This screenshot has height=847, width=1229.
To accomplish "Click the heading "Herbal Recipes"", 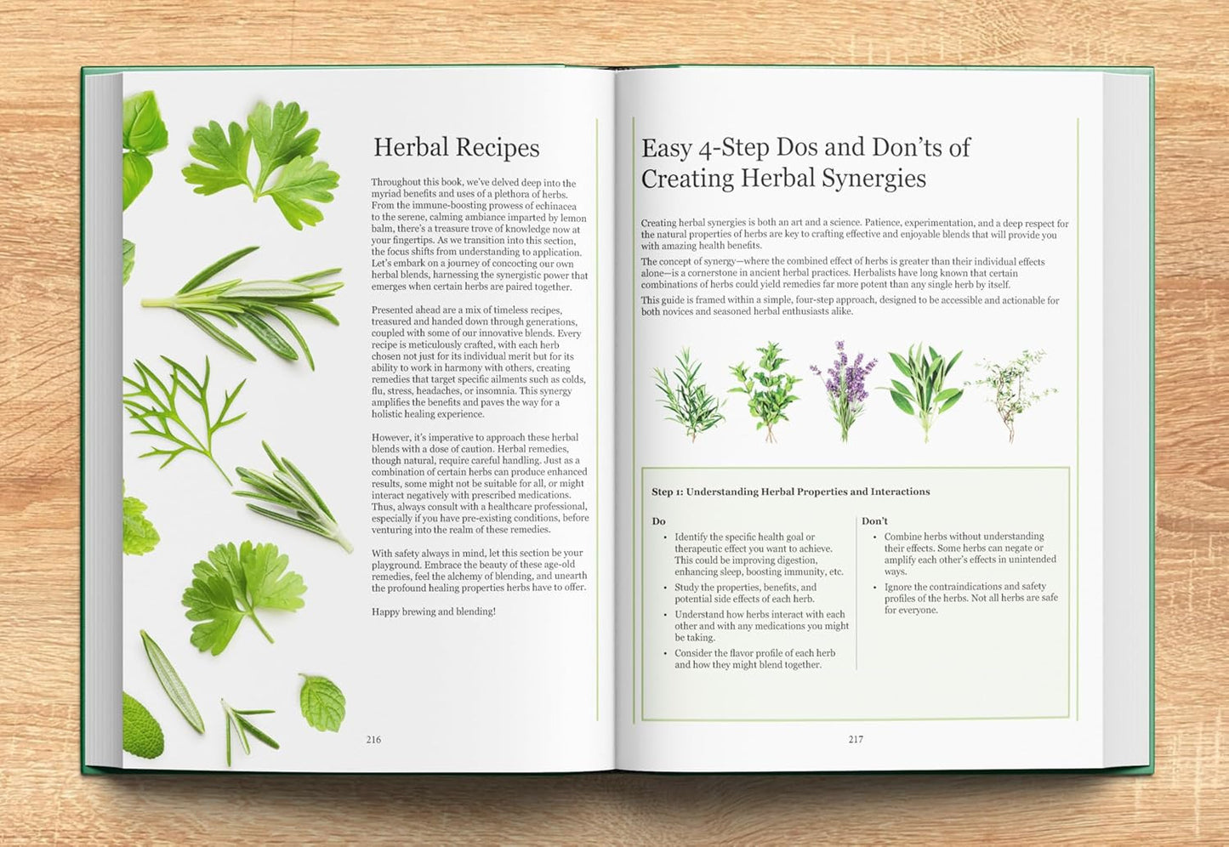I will pos(456,148).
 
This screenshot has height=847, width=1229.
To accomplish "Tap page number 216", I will pos(373,740).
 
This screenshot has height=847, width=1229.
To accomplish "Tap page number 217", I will pos(856,740).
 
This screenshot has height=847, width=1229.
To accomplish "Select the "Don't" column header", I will pos(874,520).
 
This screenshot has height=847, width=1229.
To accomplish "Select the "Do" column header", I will pos(658,520).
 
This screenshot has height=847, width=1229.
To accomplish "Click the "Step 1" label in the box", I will pos(667,492).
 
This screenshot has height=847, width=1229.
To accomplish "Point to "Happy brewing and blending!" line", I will pos(433,611).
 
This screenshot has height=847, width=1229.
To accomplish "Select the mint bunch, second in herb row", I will pos(765,389).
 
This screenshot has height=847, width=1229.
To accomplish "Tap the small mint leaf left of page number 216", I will pos(323,702).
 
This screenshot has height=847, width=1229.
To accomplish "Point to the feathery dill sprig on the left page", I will pos(183,408).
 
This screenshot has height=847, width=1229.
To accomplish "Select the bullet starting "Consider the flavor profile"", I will pos(755,659).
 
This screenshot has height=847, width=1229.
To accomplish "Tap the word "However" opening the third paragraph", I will pos(391,437).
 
